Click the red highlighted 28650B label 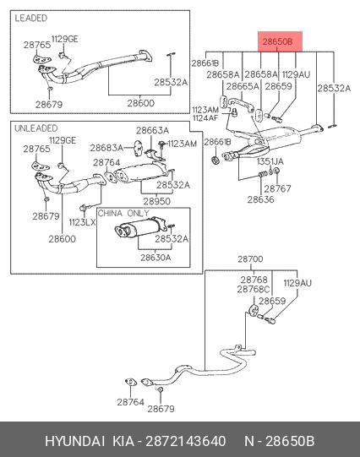tap(277, 41)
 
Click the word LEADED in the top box tap(31, 18)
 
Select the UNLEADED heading tap(36, 128)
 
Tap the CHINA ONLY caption tap(123, 213)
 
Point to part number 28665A tap(243, 86)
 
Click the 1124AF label tap(205, 118)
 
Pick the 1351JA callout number tap(270, 161)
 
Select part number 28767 tap(277, 188)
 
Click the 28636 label tap(260, 199)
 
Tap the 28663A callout tap(152, 130)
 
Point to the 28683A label tap(106, 148)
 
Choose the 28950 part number tap(157, 201)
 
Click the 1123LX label tap(82, 222)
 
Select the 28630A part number tap(155, 258)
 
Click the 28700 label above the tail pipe tap(250, 258)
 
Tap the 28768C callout tap(254, 289)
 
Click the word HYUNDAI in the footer tap(75, 441)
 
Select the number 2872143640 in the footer tap(185, 441)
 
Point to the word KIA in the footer tap(123, 441)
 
